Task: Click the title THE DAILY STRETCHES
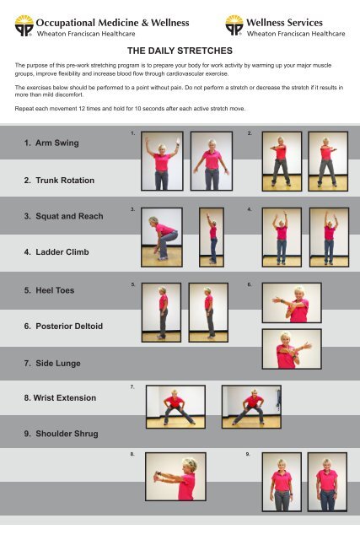180,51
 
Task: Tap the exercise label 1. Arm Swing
52,143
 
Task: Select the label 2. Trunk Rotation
59,181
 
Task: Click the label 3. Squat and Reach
64,217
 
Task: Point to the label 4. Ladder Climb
56,251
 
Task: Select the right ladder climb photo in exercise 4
329,235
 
